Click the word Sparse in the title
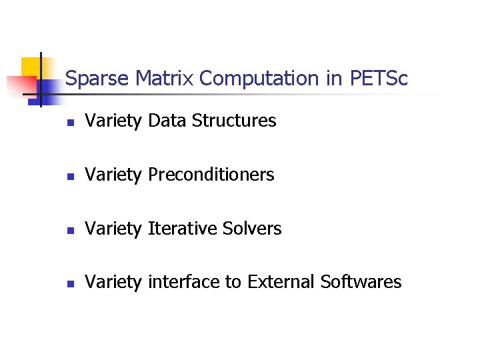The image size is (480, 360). tap(97, 79)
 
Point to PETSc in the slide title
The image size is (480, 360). tap(378, 79)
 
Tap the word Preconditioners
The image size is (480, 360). tap(211, 175)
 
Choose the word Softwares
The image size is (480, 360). tap(361, 282)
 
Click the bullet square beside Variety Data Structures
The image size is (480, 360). tap(69, 122)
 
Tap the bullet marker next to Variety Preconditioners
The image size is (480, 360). tap(69, 176)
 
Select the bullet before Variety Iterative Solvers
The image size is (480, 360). tap(69, 230)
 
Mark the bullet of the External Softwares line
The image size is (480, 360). tap(69, 283)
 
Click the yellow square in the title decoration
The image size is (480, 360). tap(31, 67)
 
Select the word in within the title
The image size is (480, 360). tap(333, 79)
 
